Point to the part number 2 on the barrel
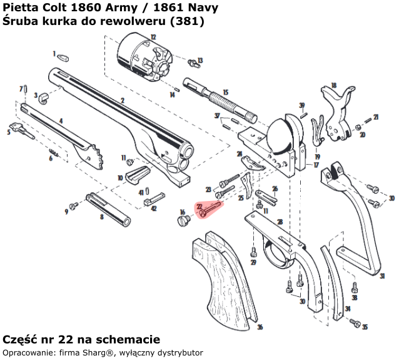pos(123,100)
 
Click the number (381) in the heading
pos(191,21)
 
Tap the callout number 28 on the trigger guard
pos(279,222)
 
